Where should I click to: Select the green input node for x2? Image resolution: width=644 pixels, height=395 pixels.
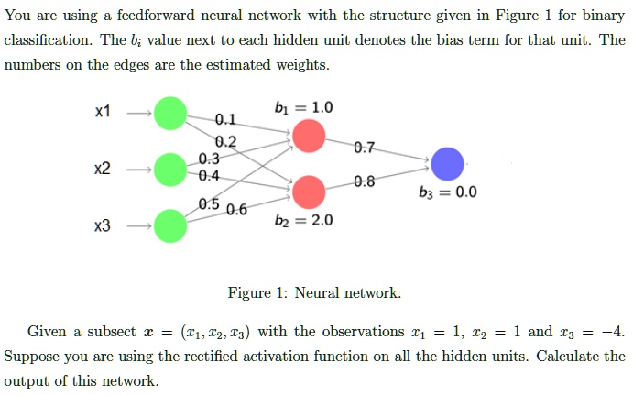[x=169, y=170]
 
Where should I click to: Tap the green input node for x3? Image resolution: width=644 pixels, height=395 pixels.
[x=169, y=225]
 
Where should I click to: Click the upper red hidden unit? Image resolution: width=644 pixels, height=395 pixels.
[x=309, y=137]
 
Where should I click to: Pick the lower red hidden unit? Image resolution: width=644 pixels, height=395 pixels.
[x=309, y=192]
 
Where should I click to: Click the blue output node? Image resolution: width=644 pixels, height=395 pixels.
[x=448, y=164]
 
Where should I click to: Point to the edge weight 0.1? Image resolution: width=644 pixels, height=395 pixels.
[x=225, y=118]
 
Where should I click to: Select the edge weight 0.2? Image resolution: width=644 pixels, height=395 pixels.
[x=225, y=141]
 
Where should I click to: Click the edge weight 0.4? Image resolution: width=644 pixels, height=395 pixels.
[x=209, y=175]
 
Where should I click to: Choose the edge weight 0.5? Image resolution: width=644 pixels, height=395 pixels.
[x=209, y=203]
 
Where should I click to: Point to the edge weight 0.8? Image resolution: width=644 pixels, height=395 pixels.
[x=364, y=181]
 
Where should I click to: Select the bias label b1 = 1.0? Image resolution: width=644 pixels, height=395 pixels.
[x=304, y=107]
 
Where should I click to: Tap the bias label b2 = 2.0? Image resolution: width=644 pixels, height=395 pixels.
[x=304, y=221]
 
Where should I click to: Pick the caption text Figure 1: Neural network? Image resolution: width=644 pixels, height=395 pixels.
[x=314, y=293]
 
